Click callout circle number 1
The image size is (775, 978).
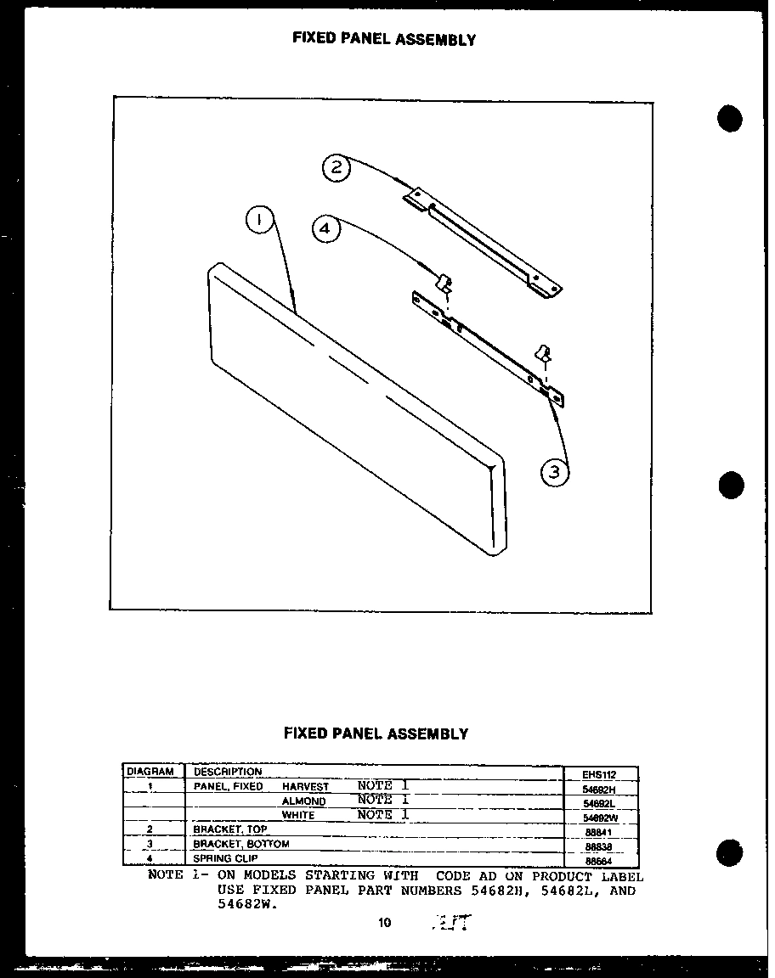tap(260, 222)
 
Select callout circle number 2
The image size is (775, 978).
tap(337, 167)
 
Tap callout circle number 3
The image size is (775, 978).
tap(555, 472)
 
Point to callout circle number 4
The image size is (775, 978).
tap(325, 228)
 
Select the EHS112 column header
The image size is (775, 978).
tap(599, 774)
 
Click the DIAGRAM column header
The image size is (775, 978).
tap(150, 772)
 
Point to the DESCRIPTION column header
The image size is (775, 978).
tap(228, 772)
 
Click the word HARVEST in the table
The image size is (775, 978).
tap(305, 787)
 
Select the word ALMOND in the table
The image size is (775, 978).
tap(303, 801)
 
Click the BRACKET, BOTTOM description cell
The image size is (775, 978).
tap(241, 844)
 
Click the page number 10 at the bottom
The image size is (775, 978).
tap(385, 922)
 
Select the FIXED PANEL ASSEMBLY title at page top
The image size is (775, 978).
tap(384, 39)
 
